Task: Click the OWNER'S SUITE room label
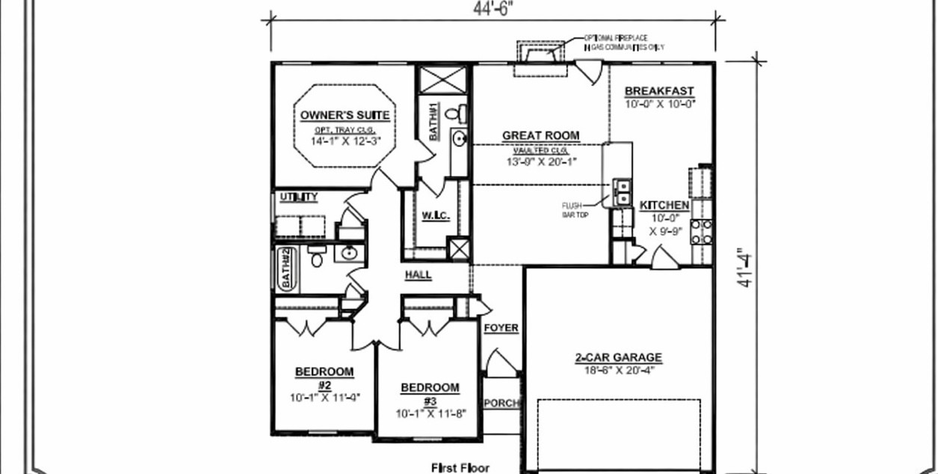pyautogui.click(x=345, y=115)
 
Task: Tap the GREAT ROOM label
pyautogui.click(x=540, y=135)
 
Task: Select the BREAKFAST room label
pyautogui.click(x=659, y=91)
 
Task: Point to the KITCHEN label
pyautogui.click(x=664, y=205)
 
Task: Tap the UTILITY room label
pyautogui.click(x=299, y=197)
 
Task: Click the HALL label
pyautogui.click(x=418, y=274)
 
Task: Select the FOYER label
pyautogui.click(x=501, y=327)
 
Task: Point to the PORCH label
pyautogui.click(x=502, y=403)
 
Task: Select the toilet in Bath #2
pyautogui.click(x=316, y=258)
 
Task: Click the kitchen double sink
pyautogui.click(x=622, y=192)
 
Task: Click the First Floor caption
pyautogui.click(x=460, y=468)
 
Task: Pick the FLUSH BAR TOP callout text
pyautogui.click(x=574, y=209)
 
